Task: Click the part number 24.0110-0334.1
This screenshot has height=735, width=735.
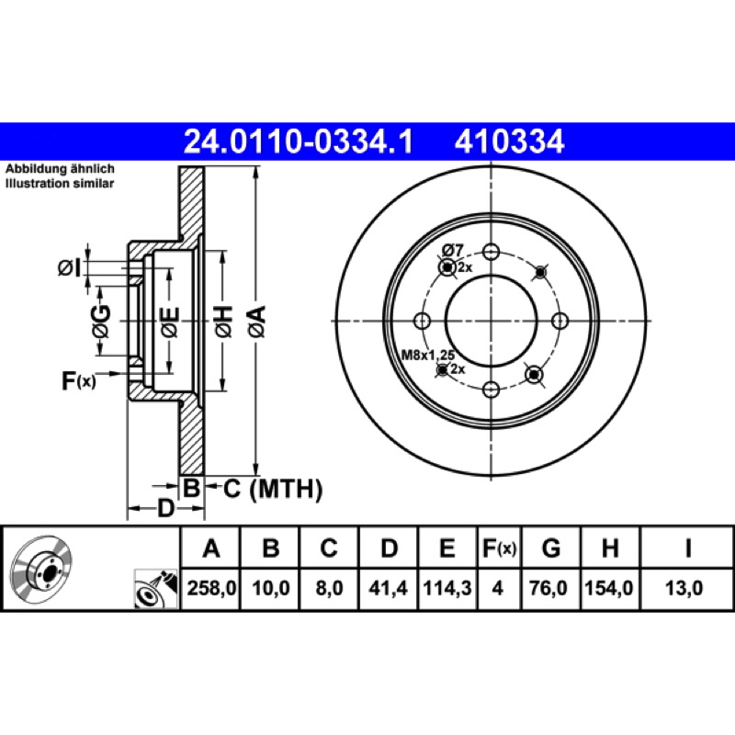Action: (x=298, y=141)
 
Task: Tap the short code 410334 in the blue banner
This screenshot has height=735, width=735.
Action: (x=509, y=141)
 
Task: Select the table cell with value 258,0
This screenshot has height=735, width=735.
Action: (x=211, y=588)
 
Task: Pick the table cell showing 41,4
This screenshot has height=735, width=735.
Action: (x=388, y=588)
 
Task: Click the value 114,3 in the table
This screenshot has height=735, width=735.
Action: (x=447, y=588)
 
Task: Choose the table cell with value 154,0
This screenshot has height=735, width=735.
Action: (x=610, y=588)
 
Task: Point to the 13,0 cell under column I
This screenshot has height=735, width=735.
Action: (x=684, y=588)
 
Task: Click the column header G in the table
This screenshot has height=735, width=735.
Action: (x=550, y=548)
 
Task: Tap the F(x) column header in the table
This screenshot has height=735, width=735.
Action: (x=499, y=548)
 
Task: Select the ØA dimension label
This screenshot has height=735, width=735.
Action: (x=258, y=322)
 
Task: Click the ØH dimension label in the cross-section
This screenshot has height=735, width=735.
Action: (x=223, y=322)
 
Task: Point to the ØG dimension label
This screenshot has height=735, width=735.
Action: (x=101, y=322)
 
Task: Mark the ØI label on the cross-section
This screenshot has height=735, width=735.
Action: (x=69, y=268)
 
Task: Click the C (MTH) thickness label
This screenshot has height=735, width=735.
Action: (x=273, y=489)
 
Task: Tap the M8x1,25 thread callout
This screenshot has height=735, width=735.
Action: (x=428, y=355)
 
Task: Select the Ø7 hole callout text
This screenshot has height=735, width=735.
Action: (x=452, y=250)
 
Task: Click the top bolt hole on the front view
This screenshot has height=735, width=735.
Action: (x=491, y=252)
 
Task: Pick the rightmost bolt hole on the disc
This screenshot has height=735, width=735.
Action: (x=560, y=321)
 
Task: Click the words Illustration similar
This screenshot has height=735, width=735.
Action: (x=60, y=183)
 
